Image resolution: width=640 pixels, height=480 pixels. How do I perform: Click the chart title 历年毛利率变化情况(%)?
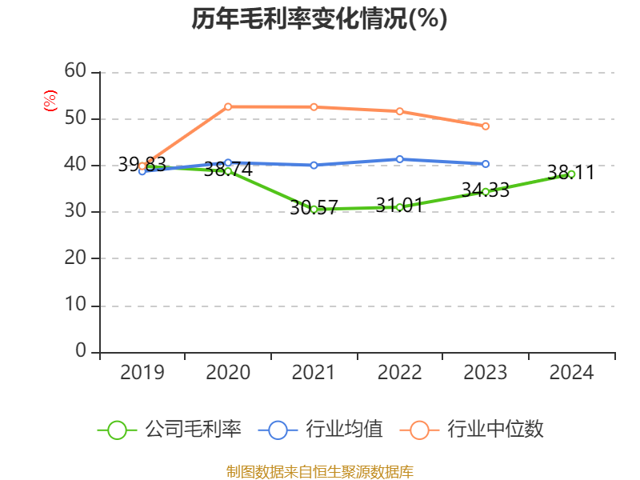[x=319, y=19]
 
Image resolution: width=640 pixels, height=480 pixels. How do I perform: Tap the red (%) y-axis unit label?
[x=50, y=101]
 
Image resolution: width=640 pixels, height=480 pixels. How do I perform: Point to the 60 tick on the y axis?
[x=75, y=71]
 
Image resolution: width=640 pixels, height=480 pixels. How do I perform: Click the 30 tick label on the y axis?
[x=75, y=212]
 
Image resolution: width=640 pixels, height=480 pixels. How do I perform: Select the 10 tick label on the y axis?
[x=75, y=306]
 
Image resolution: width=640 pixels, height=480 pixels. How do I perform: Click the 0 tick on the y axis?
[x=81, y=351]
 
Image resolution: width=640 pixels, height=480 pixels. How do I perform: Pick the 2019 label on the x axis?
[x=142, y=372]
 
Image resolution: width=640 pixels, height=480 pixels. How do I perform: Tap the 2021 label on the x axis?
[x=314, y=372]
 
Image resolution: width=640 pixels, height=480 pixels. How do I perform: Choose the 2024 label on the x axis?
[x=571, y=372]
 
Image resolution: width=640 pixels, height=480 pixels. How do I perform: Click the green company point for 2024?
[x=571, y=174]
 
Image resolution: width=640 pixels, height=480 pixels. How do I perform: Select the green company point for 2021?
[x=314, y=209]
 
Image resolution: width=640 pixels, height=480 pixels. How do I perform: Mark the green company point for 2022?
[x=399, y=207]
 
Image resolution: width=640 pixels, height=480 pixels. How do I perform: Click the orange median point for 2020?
[x=228, y=106]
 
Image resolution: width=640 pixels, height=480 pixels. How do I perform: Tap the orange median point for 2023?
[x=486, y=126]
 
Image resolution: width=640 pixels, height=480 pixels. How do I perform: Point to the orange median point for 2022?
[x=399, y=111]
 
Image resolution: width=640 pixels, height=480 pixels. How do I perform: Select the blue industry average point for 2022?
[x=399, y=159]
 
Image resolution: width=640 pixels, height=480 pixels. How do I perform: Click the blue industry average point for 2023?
[x=486, y=163]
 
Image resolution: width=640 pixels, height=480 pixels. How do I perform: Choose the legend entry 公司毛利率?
[x=170, y=430]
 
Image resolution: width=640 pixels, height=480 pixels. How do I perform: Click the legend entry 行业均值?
[x=321, y=430]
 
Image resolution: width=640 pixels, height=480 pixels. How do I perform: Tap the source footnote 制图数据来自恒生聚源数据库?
[x=319, y=471]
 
